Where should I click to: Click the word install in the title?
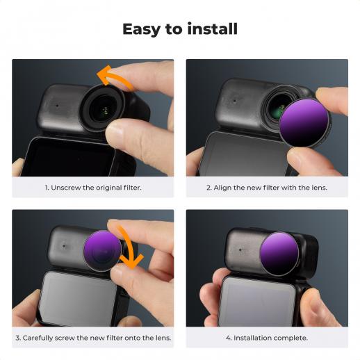tap(213, 28)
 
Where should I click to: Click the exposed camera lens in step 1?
tap(104, 108)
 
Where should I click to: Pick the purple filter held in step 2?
tap(304, 122)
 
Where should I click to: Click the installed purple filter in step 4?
tap(279, 252)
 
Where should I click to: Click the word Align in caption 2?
tap(222, 188)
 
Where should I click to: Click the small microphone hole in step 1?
tap(57, 106)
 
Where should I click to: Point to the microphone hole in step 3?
tap(64, 246)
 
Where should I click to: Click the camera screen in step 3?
tap(78, 298)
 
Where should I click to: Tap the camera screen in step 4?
tap(257, 302)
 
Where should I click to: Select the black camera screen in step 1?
tap(67, 157)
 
